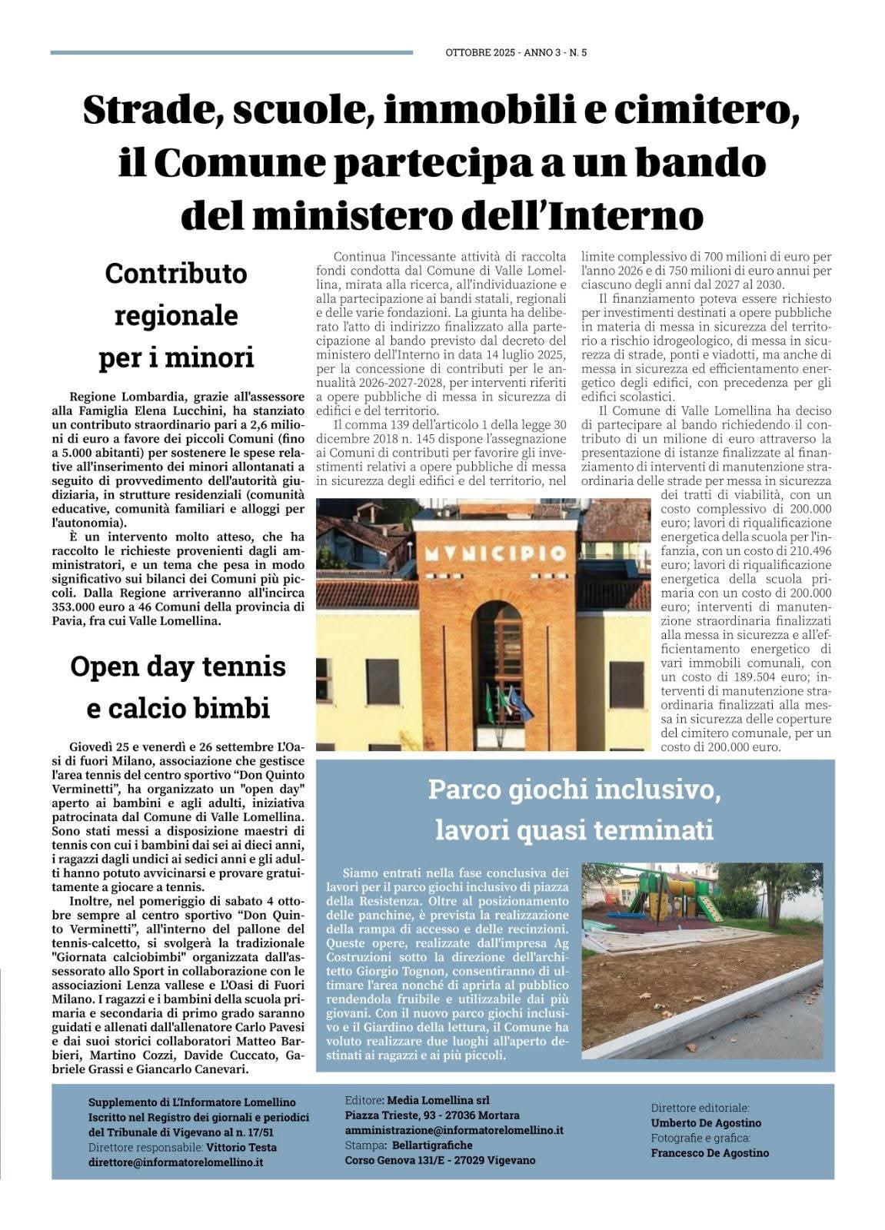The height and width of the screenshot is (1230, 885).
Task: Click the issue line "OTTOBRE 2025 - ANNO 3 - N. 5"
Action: coord(516,53)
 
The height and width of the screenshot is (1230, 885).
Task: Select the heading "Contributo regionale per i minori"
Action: coord(176,315)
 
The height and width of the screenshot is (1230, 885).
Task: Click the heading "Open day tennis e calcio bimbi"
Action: coord(178,686)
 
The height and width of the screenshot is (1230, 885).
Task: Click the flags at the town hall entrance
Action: coord(508,704)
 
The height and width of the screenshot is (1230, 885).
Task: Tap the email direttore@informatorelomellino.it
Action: coord(176,1162)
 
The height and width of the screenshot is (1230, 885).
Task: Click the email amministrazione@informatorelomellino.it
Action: coord(454,1130)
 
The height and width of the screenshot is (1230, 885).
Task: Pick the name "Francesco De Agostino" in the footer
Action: coord(710,1152)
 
